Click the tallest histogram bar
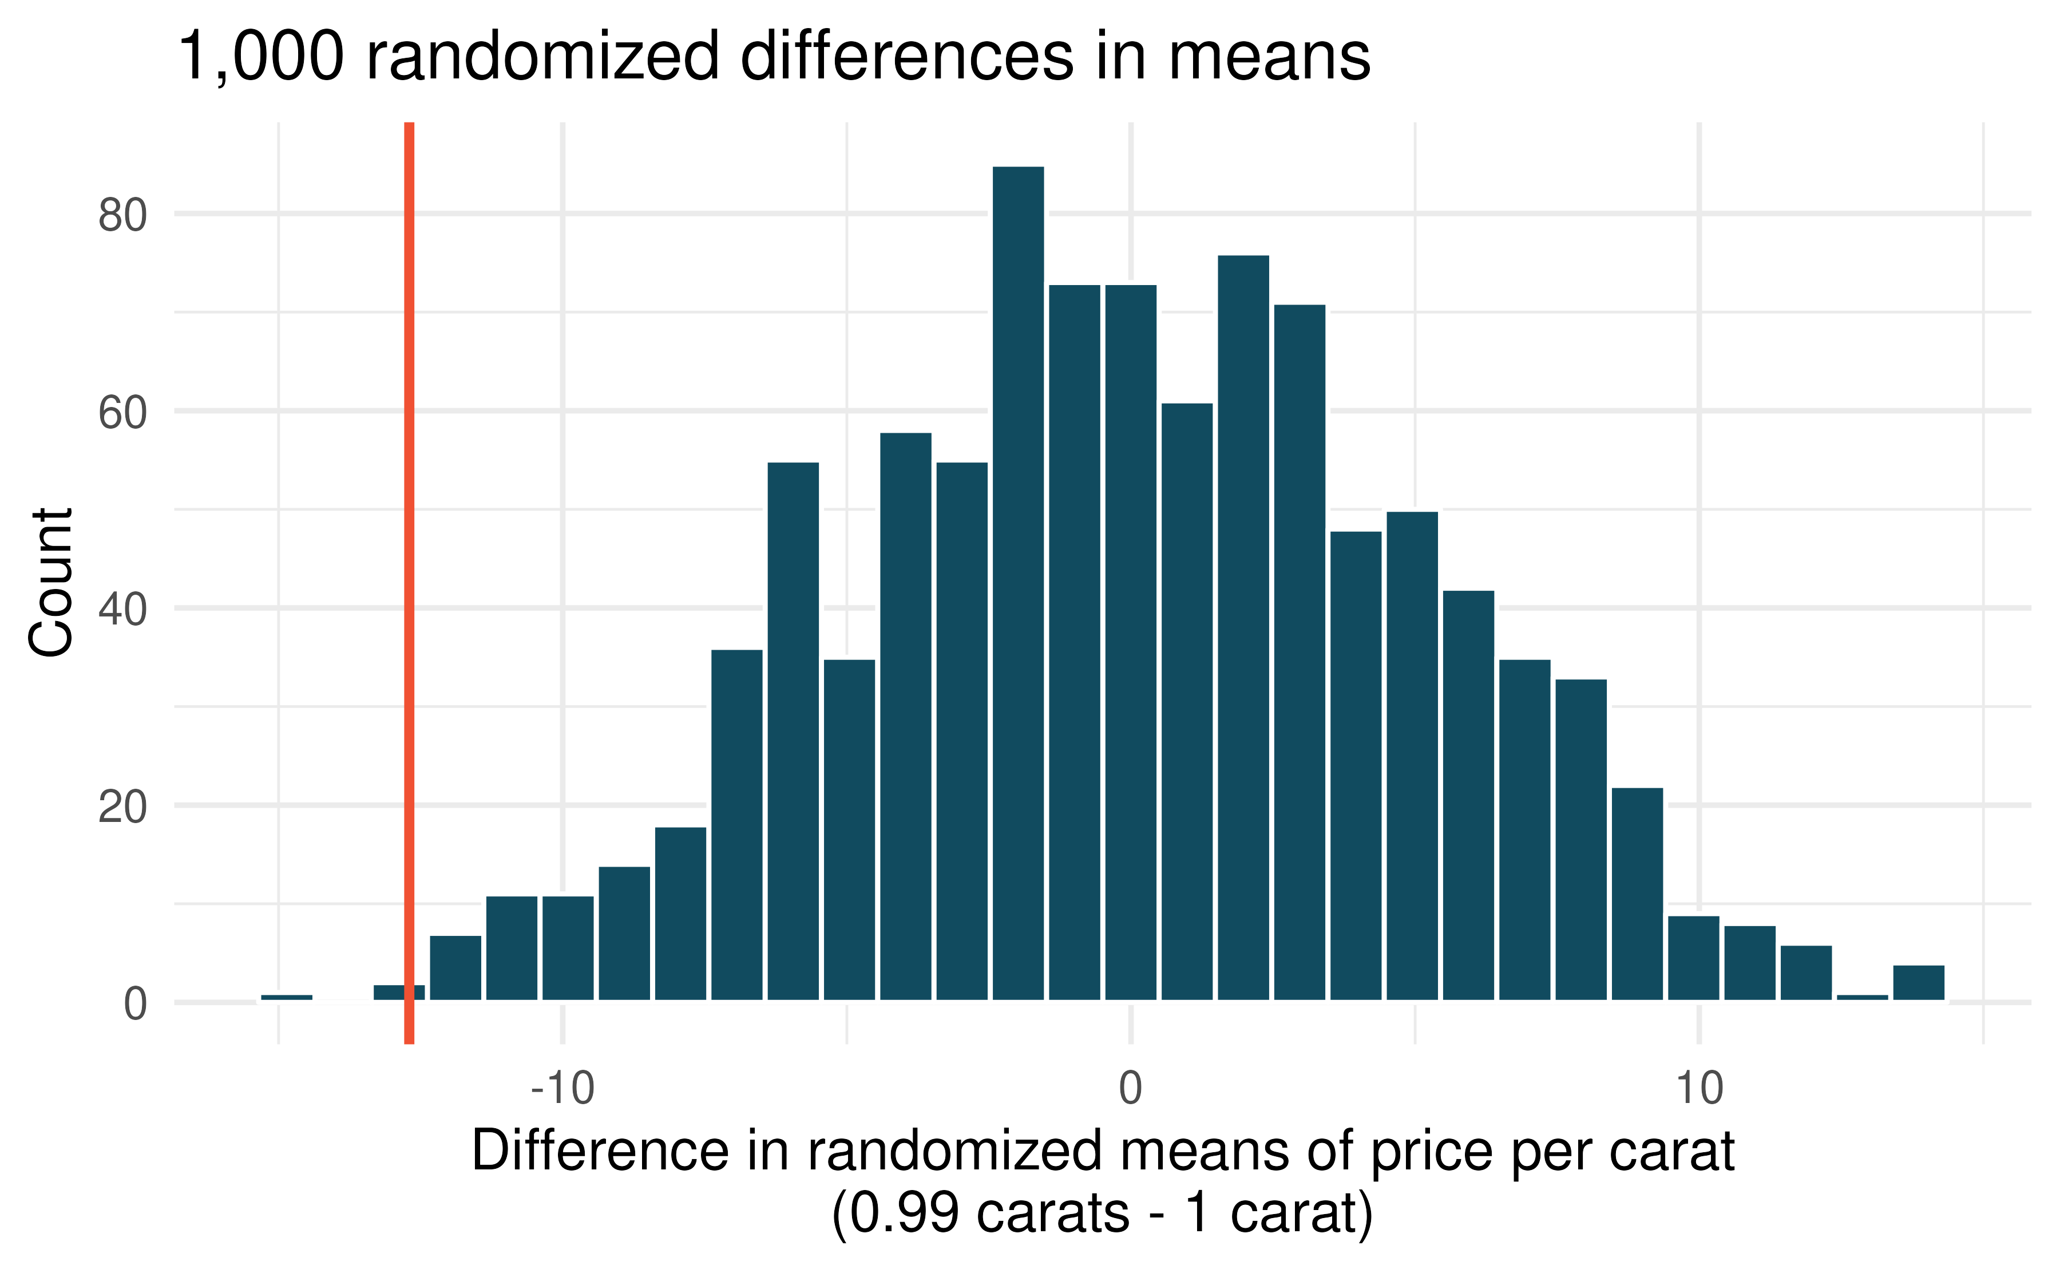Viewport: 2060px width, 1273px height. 1018,581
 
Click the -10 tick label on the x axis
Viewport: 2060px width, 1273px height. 562,1089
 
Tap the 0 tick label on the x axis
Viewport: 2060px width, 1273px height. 1130,1089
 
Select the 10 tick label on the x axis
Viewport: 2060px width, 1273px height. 1699,1089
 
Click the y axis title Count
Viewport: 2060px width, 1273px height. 50,582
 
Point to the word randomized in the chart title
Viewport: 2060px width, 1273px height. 542,57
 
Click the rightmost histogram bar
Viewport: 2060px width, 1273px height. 1919,983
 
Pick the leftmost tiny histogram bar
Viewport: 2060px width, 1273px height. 286,997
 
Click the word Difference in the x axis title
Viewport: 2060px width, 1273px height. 600,1151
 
